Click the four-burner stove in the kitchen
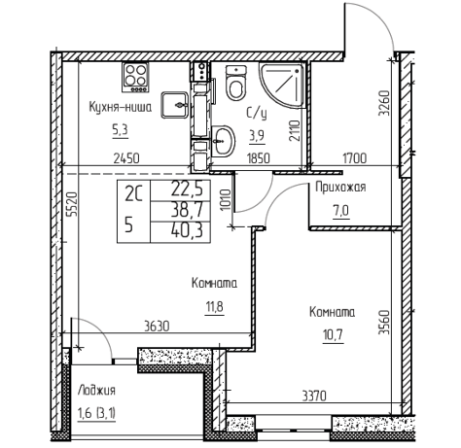point(135,77)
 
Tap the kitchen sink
point(174,105)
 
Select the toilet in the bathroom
point(235,83)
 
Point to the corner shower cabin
point(281,85)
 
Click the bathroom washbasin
point(223,141)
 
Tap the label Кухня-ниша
point(121,107)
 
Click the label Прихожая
point(340,188)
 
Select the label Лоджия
point(96,390)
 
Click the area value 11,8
point(215,306)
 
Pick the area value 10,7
point(333,334)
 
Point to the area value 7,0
point(341,211)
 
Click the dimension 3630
point(157,327)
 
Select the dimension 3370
point(314,396)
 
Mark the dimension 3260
point(384,103)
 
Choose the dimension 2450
point(126,158)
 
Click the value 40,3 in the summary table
point(188,231)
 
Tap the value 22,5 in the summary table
point(187,190)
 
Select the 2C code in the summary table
point(133,193)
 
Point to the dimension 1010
point(227,199)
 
